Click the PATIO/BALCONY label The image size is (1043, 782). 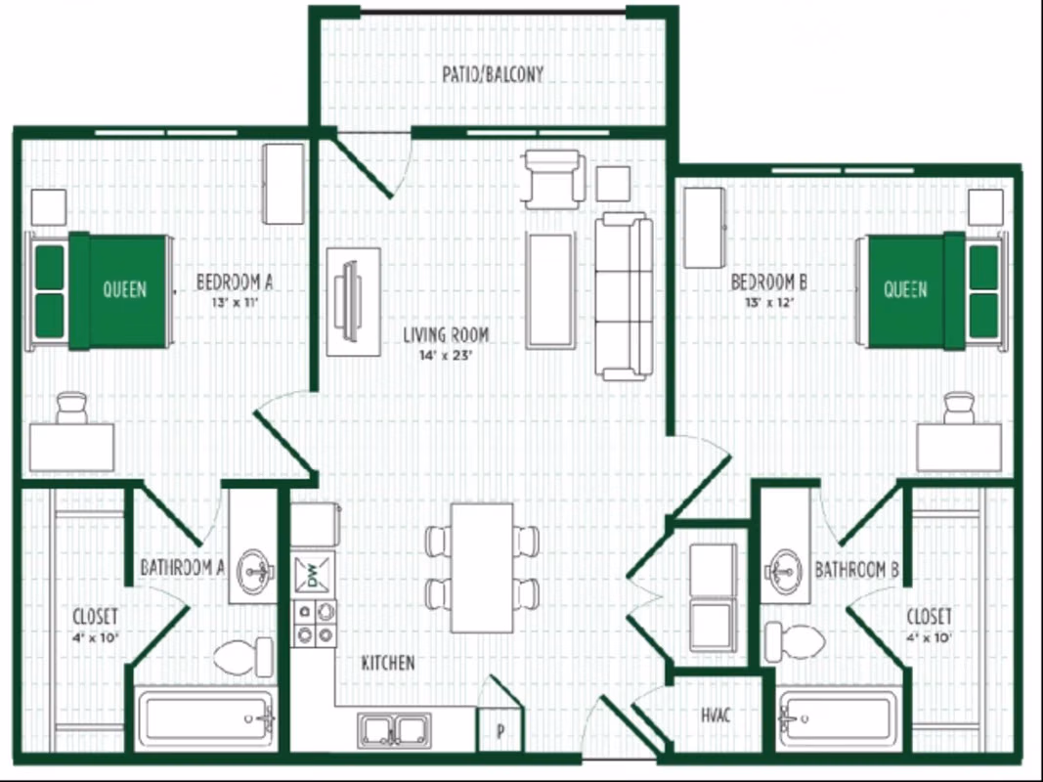point(492,74)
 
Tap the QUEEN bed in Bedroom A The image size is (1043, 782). point(102,290)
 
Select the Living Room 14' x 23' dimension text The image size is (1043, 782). point(446,357)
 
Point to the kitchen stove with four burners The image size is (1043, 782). point(314,624)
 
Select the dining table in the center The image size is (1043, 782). point(482,567)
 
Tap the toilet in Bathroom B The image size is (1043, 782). point(794,641)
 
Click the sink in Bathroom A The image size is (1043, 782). point(256,565)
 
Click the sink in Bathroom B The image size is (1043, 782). point(784,565)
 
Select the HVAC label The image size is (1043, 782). point(717,716)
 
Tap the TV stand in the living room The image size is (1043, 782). point(353,301)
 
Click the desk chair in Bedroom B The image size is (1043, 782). point(959,407)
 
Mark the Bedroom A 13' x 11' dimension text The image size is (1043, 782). point(234,302)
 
